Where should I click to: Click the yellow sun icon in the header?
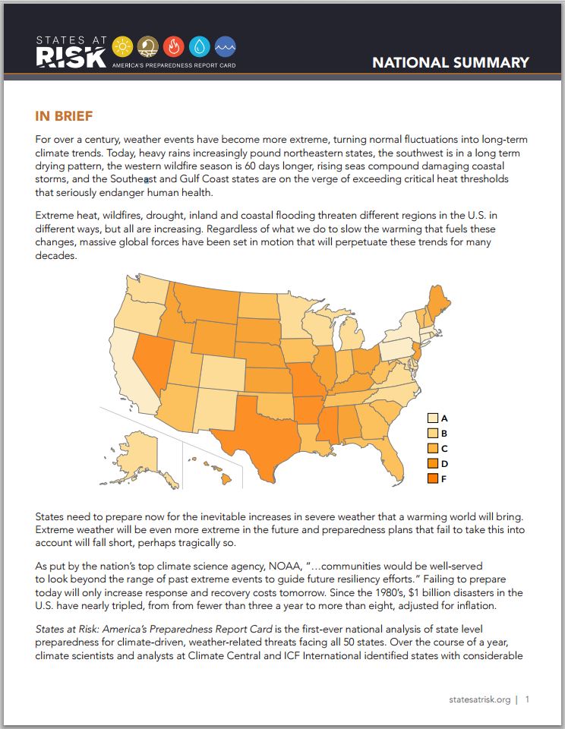pyautogui.click(x=122, y=46)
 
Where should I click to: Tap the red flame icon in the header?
pyautogui.click(x=173, y=46)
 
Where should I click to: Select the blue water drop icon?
pyautogui.click(x=200, y=46)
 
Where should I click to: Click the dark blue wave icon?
pyautogui.click(x=226, y=46)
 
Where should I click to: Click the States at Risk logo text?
pyautogui.click(x=71, y=52)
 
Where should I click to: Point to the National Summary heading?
pyautogui.click(x=450, y=62)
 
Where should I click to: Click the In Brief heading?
pyautogui.click(x=64, y=115)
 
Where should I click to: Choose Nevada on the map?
pyautogui.click(x=153, y=363)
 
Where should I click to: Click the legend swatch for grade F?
pyautogui.click(x=433, y=478)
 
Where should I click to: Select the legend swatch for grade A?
pyautogui.click(x=433, y=418)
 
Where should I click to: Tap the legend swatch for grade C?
pyautogui.click(x=433, y=448)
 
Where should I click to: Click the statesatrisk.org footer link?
pyautogui.click(x=479, y=699)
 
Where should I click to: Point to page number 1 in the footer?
pyautogui.click(x=527, y=699)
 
